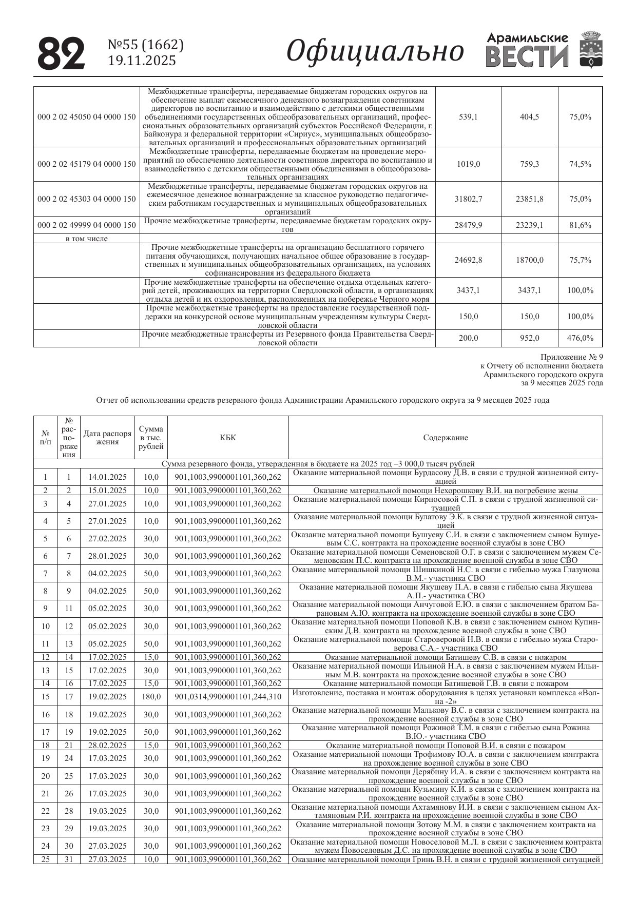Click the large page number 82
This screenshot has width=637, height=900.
tap(61, 53)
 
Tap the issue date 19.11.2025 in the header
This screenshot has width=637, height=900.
tap(142, 61)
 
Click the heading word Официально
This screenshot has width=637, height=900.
tap(375, 51)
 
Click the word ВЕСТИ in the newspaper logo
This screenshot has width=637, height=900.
tap(527, 56)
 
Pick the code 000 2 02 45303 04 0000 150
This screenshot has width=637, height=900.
tap(87, 199)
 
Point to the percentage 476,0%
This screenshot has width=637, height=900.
tap(580, 338)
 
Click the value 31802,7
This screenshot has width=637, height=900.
tap(468, 199)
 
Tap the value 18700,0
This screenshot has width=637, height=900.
tap(529, 260)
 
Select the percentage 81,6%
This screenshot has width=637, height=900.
tap(580, 225)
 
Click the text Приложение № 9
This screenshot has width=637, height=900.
tap(572, 357)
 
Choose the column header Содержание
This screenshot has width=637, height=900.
tap(446, 438)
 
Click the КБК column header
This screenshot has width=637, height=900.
tap(228, 438)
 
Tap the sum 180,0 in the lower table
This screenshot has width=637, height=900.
tap(151, 697)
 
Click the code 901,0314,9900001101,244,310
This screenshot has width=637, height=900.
tap(228, 697)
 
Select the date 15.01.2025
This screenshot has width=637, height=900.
tap(107, 491)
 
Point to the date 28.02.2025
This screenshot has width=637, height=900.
tap(107, 746)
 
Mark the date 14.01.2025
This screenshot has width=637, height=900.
tap(107, 477)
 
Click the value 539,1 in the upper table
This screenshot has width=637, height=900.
tap(468, 117)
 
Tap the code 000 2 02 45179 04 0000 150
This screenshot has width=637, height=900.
tap(87, 164)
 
